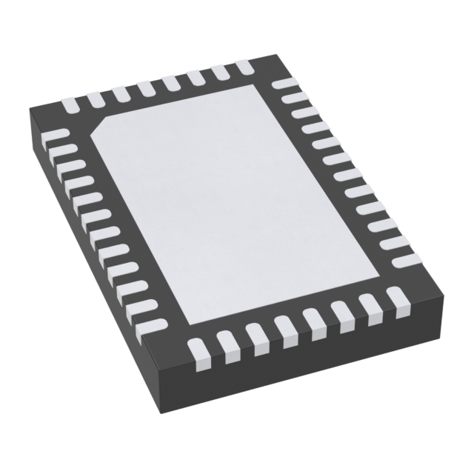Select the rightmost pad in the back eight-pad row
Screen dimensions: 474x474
tap(244, 67)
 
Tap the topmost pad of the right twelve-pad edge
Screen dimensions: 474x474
tap(282, 83)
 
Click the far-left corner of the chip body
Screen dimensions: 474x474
tap(30, 111)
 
